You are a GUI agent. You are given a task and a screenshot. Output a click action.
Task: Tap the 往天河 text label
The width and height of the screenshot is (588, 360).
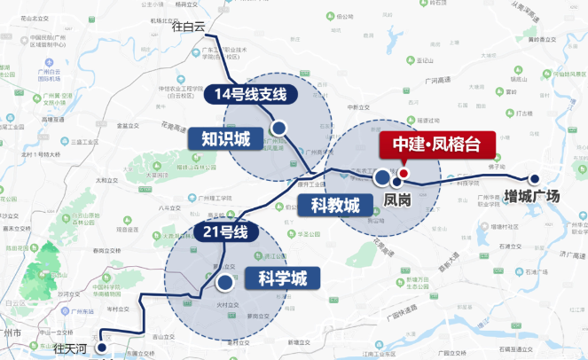(x=72, y=347)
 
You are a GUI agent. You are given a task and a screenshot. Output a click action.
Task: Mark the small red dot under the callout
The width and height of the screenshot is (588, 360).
(x=403, y=173)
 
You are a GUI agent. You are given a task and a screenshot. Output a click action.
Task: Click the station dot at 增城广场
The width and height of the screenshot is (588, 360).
(x=534, y=177)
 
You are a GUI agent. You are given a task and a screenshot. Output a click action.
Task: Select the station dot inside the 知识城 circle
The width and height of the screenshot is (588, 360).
(x=278, y=129)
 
